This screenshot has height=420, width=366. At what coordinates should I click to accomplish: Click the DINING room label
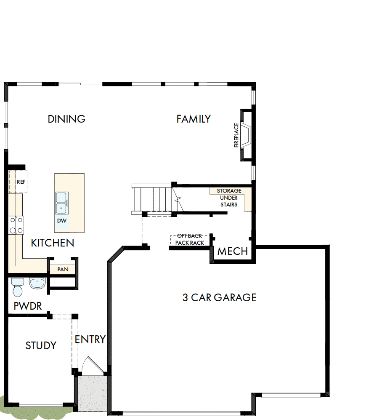click(66, 119)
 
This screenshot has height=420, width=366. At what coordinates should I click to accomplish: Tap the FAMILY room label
click(194, 119)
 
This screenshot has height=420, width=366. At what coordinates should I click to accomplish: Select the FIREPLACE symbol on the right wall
click(246, 135)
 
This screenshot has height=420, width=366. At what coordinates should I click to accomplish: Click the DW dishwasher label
click(61, 221)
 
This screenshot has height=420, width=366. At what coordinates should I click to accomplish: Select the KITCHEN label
click(53, 243)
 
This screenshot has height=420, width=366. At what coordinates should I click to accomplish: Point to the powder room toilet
click(18, 287)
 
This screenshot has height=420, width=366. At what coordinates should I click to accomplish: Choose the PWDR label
click(28, 306)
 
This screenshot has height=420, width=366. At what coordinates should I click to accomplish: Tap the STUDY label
click(41, 346)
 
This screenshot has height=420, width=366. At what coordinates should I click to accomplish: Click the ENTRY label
click(90, 339)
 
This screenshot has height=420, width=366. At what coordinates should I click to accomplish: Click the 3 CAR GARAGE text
click(219, 297)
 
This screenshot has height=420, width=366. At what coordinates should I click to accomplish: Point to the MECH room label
click(232, 251)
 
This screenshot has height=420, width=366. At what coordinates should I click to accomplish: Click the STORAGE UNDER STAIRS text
click(229, 198)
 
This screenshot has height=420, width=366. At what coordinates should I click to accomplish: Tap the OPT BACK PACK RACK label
click(190, 240)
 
